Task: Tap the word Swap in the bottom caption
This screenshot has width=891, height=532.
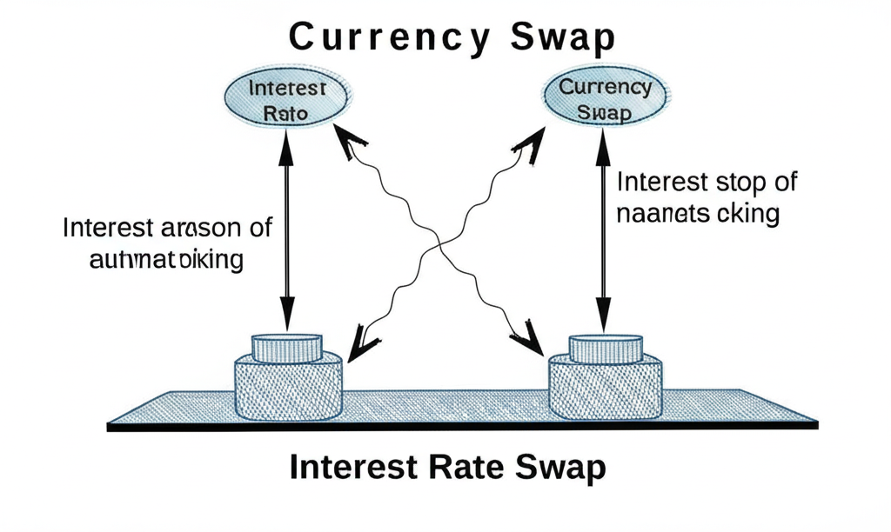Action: click(557, 469)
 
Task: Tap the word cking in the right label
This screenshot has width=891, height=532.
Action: click(749, 213)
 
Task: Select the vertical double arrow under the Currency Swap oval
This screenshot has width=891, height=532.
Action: click(603, 235)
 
